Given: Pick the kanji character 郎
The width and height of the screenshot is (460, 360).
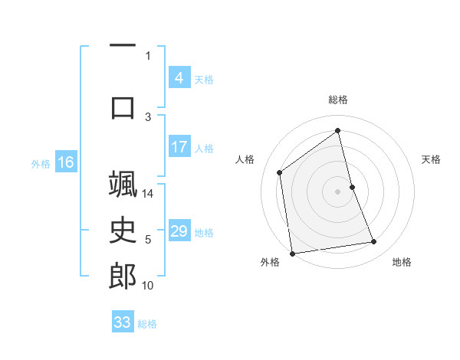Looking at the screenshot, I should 123,277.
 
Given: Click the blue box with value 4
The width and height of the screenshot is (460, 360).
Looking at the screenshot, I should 179,78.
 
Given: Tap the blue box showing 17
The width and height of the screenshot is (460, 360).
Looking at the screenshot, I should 179,147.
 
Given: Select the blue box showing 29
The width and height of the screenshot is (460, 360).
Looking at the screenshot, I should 179,231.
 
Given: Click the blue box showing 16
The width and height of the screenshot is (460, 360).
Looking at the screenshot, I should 65,162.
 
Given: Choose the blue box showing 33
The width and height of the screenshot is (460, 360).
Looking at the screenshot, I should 122,322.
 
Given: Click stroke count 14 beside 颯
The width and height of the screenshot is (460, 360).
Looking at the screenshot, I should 148,194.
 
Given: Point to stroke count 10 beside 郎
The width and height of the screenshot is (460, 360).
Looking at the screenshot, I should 148,286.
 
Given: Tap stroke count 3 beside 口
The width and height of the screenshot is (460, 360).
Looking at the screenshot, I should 148,117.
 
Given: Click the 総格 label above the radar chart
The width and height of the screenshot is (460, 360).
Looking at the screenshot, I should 338,100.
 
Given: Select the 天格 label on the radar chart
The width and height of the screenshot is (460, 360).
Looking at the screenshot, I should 431,159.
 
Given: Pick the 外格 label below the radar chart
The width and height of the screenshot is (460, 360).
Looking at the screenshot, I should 270,263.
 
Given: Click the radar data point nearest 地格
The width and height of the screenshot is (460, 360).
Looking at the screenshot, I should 374,242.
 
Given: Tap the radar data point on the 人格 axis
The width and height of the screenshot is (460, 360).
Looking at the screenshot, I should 280,172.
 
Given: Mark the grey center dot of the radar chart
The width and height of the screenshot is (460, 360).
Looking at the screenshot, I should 338,191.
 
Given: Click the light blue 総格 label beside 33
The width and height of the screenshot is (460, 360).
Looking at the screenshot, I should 147,324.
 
